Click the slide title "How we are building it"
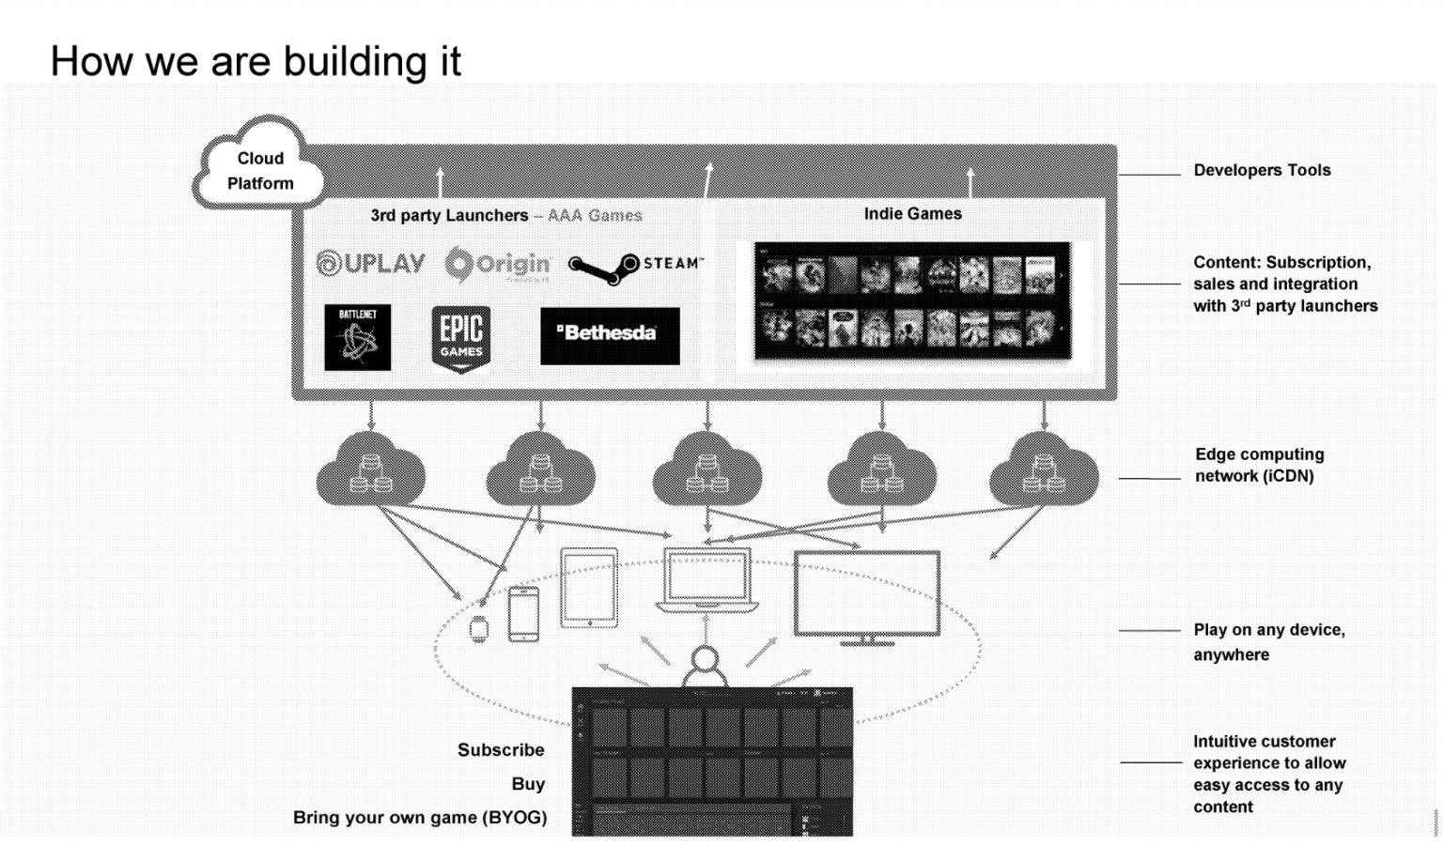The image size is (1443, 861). click(x=256, y=62)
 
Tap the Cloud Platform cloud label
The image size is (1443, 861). click(x=260, y=171)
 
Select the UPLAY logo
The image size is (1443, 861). click(x=370, y=264)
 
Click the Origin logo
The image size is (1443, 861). click(x=498, y=264)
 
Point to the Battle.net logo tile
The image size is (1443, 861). click(x=357, y=337)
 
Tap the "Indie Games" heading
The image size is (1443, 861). click(x=912, y=214)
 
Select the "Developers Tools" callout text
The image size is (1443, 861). click(x=1262, y=170)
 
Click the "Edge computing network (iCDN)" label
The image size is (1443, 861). click(x=1259, y=465)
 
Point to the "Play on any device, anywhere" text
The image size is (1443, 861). click(x=1268, y=641)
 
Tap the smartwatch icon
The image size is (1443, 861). click(x=479, y=629)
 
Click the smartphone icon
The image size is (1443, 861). click(x=523, y=614)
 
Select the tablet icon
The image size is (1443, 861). click(x=589, y=588)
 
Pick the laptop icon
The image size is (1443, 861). click(x=706, y=580)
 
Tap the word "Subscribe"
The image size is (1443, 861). click(x=501, y=750)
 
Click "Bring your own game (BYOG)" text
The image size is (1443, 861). click(x=420, y=818)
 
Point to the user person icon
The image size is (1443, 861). click(x=705, y=666)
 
